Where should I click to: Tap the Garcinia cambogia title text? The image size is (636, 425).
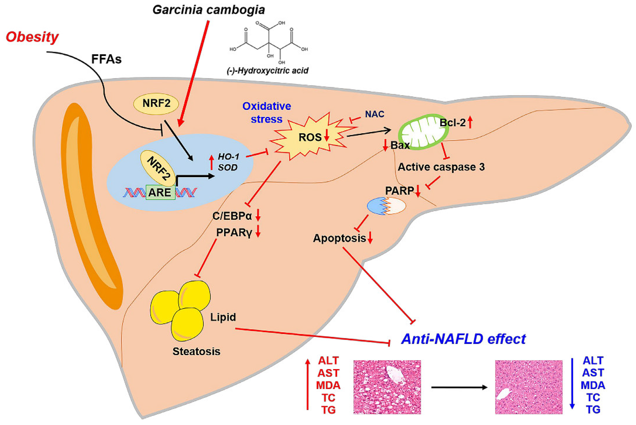(x=209, y=10)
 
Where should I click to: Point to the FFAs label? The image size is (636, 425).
(x=106, y=59)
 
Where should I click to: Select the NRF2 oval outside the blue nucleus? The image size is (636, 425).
(x=156, y=104)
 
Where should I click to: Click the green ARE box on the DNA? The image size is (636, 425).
(x=160, y=192)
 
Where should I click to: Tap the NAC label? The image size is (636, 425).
(x=374, y=114)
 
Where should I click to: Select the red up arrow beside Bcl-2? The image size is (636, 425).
(x=470, y=122)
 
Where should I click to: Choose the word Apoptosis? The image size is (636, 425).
(x=339, y=238)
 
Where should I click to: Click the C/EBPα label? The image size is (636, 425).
(x=232, y=216)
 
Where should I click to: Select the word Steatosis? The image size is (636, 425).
(x=196, y=351)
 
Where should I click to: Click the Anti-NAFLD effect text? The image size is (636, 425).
(x=463, y=339)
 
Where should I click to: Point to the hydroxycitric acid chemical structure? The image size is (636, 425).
(x=268, y=41)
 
